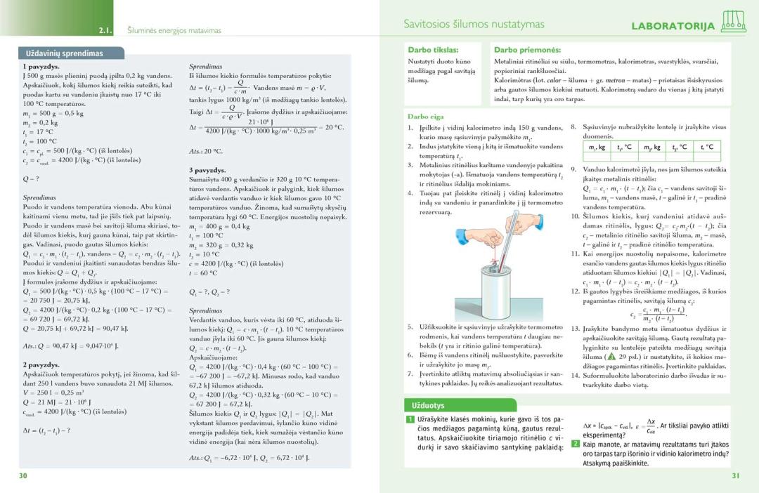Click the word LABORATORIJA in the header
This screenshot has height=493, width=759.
click(673, 27)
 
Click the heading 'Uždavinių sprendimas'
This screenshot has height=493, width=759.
click(65, 53)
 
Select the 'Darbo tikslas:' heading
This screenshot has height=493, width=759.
click(433, 50)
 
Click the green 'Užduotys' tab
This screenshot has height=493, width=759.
click(426, 405)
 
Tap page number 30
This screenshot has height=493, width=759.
click(23, 475)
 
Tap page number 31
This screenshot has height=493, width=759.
click(735, 475)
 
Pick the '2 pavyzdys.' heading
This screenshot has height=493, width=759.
click(41, 364)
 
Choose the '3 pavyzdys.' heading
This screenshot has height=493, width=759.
click(207, 170)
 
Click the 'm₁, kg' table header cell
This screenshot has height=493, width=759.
click(597, 147)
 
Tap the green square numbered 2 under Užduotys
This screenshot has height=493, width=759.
click(575, 444)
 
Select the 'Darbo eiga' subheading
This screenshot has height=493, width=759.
click(426, 116)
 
